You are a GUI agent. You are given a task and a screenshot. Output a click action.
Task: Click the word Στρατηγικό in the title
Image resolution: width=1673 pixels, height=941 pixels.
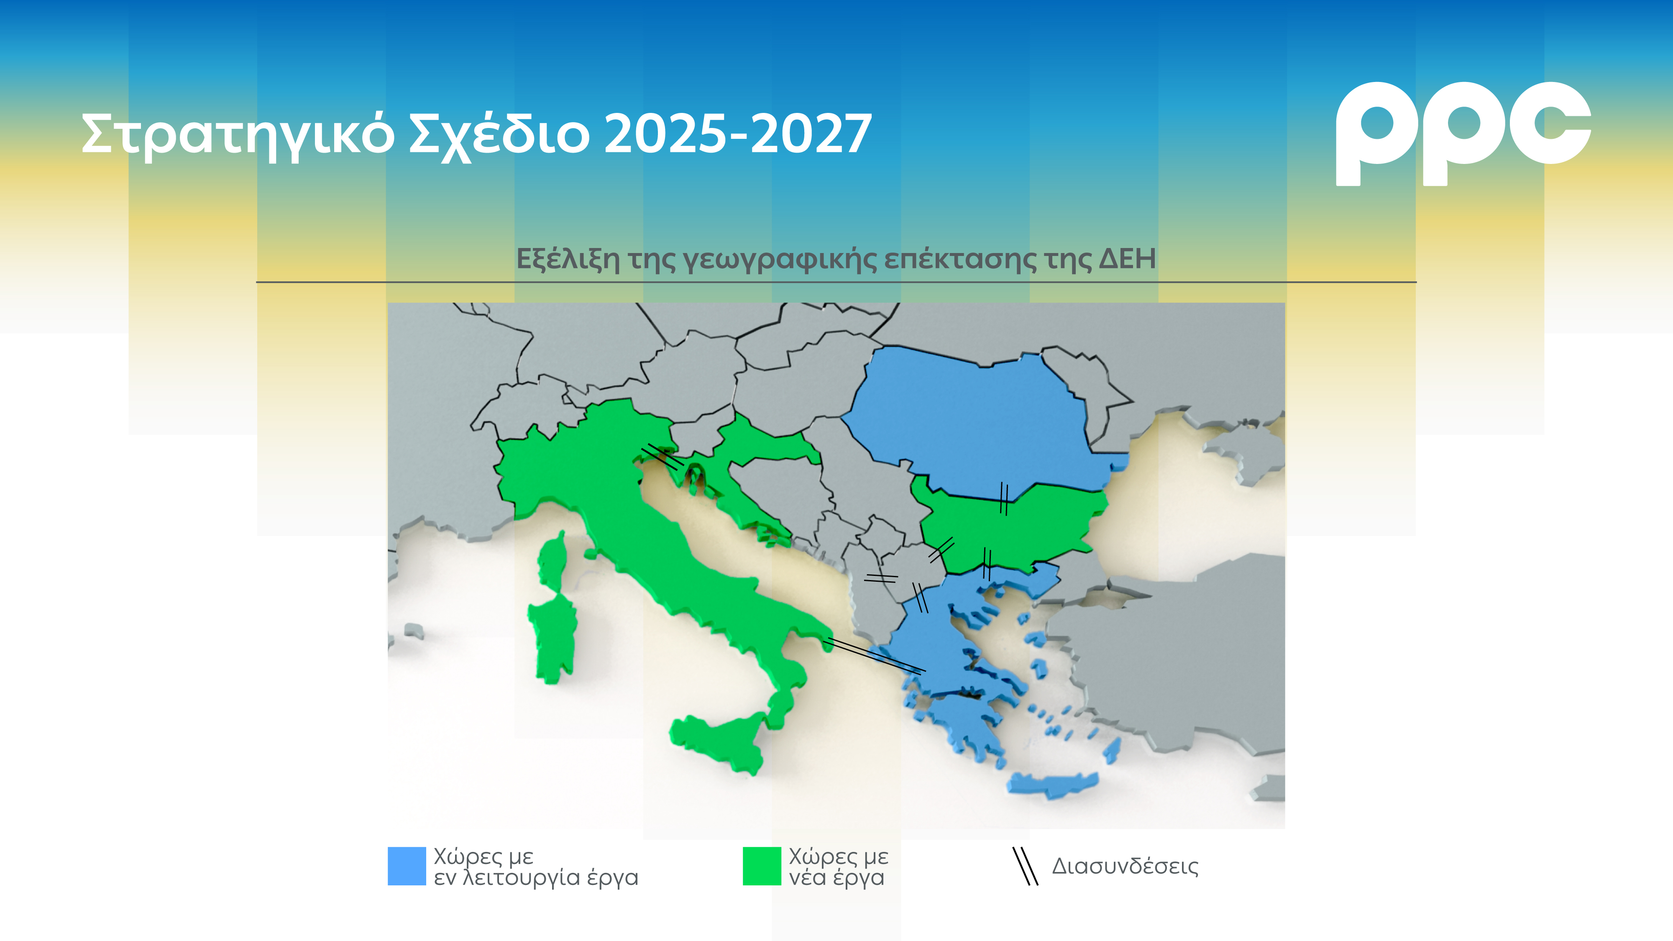pos(237,134)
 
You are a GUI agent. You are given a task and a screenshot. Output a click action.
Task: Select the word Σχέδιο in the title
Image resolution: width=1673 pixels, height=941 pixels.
pos(499,134)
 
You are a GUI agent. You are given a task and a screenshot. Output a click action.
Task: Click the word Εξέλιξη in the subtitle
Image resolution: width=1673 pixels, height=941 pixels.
pos(568,259)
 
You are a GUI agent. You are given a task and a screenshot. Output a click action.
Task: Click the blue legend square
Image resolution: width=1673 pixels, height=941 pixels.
pos(407,866)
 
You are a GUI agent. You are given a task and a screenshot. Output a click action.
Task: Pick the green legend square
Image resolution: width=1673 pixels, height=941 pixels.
pos(761,866)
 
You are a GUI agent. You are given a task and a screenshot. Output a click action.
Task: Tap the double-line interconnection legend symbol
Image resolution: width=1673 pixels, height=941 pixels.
pos(1026,866)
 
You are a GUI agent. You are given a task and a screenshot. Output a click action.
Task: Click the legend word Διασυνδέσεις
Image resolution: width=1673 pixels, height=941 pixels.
pos(1125,866)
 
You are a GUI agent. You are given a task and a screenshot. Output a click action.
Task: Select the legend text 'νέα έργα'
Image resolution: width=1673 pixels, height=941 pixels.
pos(836,878)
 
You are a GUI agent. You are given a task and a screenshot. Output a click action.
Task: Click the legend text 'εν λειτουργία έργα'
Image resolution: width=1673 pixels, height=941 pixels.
pos(536,878)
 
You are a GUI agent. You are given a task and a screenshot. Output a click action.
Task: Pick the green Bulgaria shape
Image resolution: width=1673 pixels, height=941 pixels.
pos(1013,526)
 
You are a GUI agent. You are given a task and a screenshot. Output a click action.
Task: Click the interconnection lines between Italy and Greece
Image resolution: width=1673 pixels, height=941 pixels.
pos(874,655)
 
